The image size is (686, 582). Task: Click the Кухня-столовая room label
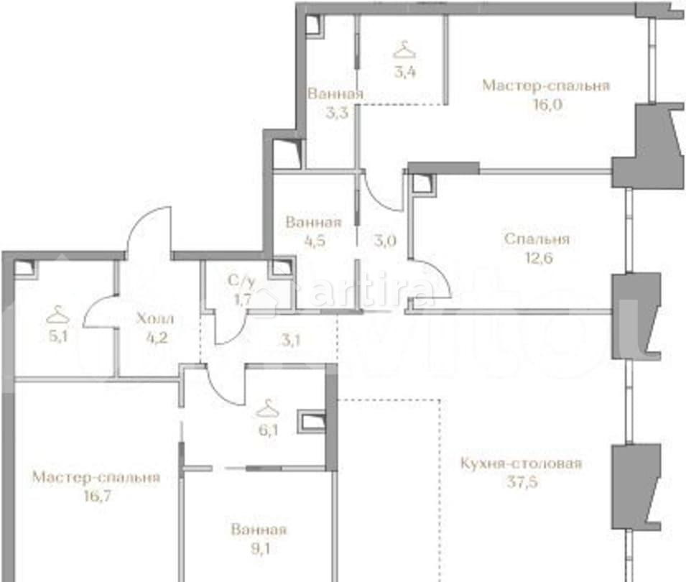521,463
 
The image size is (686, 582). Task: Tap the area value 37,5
522,481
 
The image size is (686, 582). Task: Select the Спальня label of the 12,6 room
537,239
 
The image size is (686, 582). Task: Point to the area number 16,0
545,103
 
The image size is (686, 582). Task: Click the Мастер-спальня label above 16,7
96,477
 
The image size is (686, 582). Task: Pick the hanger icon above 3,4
404,50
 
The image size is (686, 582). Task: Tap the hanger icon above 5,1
56,315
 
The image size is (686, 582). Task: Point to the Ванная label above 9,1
259,530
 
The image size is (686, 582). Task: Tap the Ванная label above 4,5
313,223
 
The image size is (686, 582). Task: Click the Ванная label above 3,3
335,94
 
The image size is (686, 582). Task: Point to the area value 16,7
96,495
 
